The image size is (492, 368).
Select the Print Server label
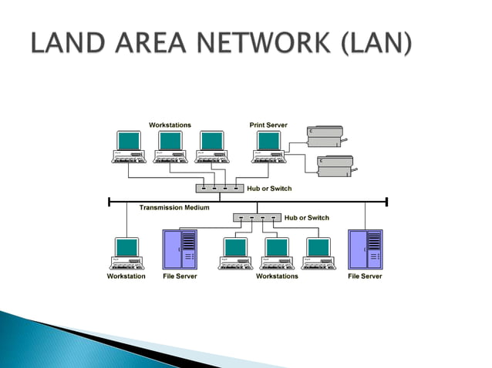coord(268,125)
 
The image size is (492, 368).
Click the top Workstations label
coord(170,125)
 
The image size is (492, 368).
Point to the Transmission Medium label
coord(174,208)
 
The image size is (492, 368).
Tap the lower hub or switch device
coord(257,218)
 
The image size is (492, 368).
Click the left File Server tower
coord(180,249)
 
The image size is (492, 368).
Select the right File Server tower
coord(365,249)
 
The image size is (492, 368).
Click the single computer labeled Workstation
coord(127,253)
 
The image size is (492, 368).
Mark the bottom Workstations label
coord(277,276)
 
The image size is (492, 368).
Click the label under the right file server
coord(365,276)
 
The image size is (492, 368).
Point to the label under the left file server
coord(180,276)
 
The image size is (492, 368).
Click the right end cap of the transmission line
coord(386,202)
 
